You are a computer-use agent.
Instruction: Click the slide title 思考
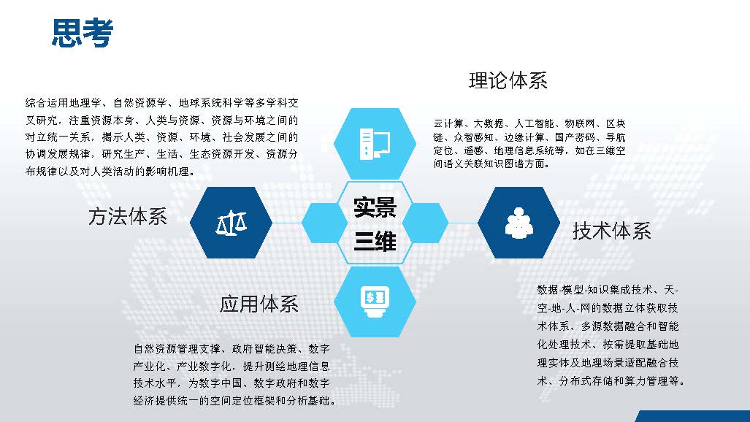pyautogui.click(x=83, y=33)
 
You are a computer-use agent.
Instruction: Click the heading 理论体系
pyautogui.click(x=508, y=80)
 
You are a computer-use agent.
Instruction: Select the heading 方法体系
pyautogui.click(x=128, y=216)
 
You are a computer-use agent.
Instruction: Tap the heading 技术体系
pyautogui.click(x=612, y=231)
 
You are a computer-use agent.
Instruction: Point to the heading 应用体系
pyautogui.click(x=259, y=304)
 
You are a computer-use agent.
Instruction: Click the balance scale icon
pyautogui.click(x=231, y=223)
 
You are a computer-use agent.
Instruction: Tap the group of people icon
pyautogui.click(x=519, y=223)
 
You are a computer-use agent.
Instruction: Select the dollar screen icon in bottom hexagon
pyautogui.click(x=375, y=302)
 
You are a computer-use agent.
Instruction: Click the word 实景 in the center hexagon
pyautogui.click(x=375, y=207)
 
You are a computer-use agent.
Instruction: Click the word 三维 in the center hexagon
pyautogui.click(x=375, y=241)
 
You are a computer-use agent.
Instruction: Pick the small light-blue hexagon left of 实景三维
pyautogui.click(x=324, y=223)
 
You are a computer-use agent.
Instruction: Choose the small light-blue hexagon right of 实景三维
pyautogui.click(x=425, y=223)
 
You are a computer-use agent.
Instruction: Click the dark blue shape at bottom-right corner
pyautogui.click(x=694, y=416)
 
